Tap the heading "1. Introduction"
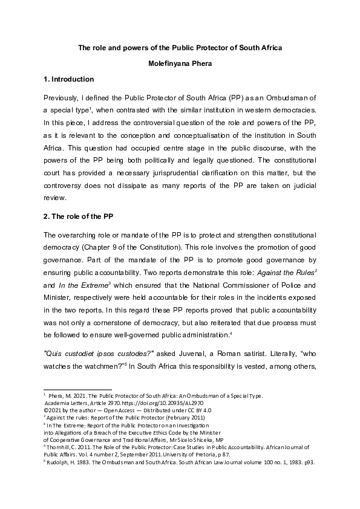[x=68, y=79]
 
